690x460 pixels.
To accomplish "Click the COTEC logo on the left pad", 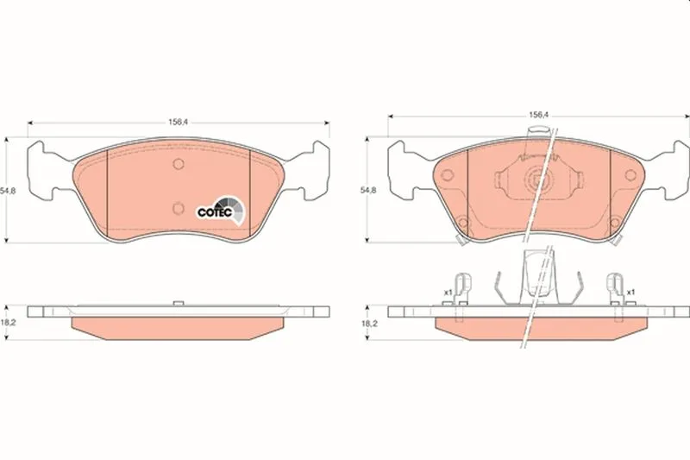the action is [221, 211].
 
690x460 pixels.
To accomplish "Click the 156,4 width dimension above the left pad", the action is [178, 122].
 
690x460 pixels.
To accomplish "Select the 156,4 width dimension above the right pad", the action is [538, 115].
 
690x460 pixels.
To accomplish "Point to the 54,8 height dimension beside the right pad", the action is [368, 191].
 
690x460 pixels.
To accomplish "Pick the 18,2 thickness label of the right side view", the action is [369, 324].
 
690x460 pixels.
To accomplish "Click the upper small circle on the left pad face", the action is [178, 164].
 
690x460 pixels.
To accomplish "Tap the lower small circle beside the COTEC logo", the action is [178, 208].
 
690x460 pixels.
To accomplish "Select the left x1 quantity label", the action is [448, 292].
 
